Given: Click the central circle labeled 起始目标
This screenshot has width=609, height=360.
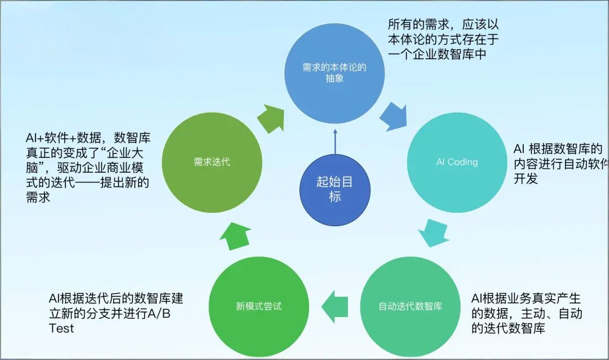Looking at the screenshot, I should (335, 189).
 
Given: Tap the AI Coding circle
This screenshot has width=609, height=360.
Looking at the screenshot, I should (457, 162).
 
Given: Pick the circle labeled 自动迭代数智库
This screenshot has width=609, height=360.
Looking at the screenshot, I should (410, 306).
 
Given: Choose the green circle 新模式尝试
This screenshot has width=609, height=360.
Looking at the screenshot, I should (258, 306).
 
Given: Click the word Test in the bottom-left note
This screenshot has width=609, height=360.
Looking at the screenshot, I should (61, 328).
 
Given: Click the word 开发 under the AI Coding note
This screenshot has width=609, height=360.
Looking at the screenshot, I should (525, 179).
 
